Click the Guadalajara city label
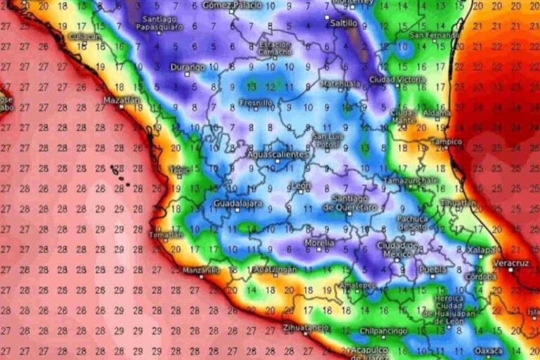tap(237, 203)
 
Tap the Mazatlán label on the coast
tap(119, 100)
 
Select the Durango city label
tap(187, 67)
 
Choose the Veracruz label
tap(511, 263)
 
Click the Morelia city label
tap(318, 243)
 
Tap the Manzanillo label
tap(200, 270)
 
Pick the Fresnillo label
tap(256, 103)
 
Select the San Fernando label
tap(435, 34)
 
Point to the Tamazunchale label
tap(410, 180)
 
